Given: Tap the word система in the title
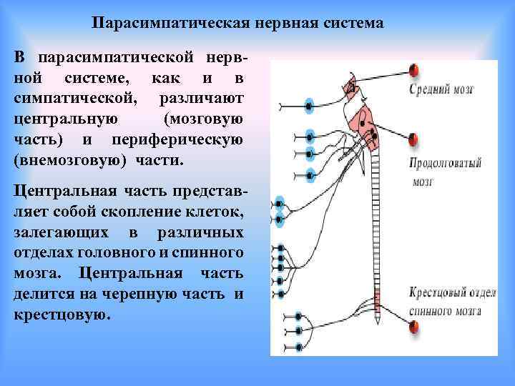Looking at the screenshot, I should click(x=352, y=24).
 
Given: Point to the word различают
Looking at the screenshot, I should click(x=212, y=96).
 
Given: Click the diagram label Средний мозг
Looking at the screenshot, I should click(x=442, y=90).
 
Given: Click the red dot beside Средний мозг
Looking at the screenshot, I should click(x=413, y=70).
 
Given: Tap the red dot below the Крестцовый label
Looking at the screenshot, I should click(x=413, y=327).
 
